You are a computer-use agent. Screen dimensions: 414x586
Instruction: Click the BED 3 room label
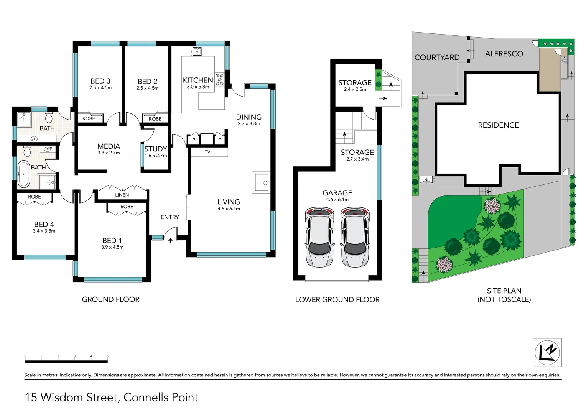pos(100,81)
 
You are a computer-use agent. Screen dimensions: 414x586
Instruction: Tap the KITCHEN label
pos(198,80)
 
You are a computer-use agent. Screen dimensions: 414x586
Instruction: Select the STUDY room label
pos(156,149)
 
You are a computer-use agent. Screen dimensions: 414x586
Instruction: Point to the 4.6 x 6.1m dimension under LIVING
pos(229,209)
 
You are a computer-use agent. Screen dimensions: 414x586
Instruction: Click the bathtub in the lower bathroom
pos(23,174)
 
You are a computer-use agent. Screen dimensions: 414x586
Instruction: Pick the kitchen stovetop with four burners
pos(219,79)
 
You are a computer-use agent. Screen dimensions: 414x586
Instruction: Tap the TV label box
pos(207,152)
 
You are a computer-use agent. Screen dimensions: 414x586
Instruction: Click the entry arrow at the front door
pos(170,240)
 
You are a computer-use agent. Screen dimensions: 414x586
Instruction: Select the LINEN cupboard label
pos(122,195)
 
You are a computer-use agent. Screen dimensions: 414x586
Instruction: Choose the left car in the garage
pos(319,237)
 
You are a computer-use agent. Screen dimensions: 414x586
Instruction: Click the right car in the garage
pos(356,237)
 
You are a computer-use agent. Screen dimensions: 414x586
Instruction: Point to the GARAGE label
pos(337,193)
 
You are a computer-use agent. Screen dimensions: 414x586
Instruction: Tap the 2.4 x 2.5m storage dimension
pos(355,89)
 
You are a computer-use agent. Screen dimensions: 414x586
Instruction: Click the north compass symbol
pos(547,352)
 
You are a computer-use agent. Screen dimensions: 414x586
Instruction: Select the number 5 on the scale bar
pos(107,356)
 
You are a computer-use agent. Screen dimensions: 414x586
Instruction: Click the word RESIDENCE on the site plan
pos(498,125)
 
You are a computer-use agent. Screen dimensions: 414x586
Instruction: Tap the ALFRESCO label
pos(504,54)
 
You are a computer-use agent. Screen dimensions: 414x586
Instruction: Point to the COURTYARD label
pos(437,57)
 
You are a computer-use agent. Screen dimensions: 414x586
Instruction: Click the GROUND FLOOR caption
pos(110,299)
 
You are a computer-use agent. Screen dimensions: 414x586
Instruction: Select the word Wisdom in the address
pos(62,397)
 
